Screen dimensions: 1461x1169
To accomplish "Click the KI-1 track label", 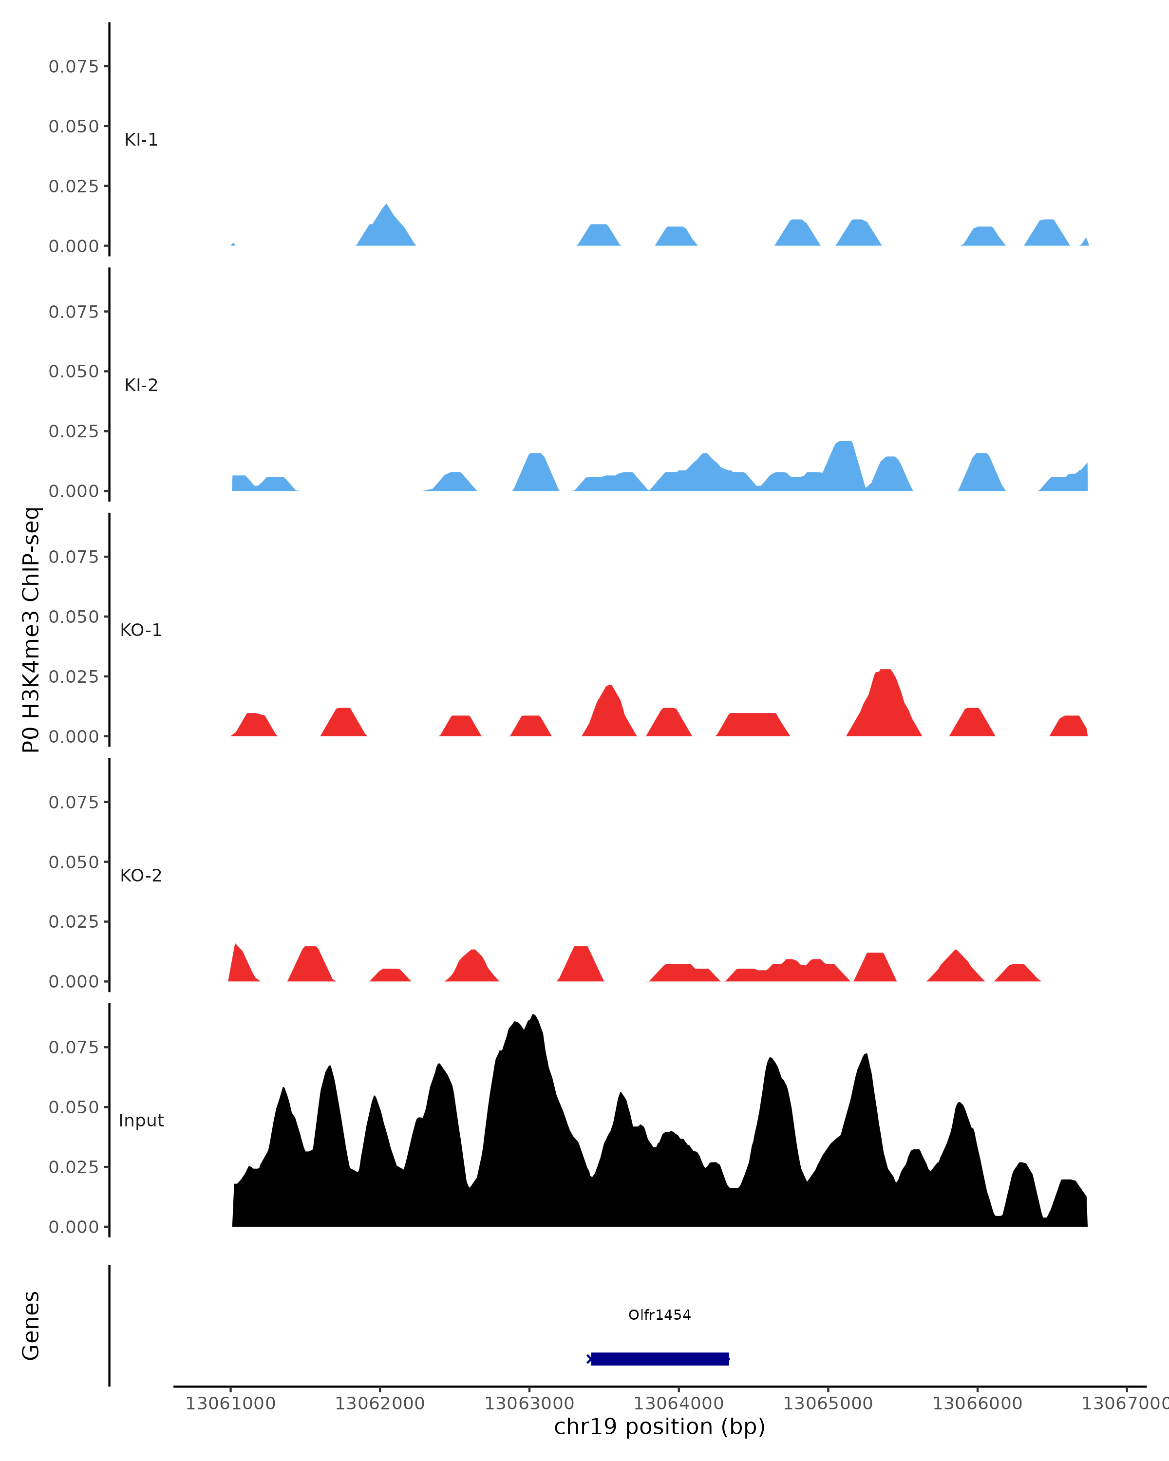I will point(141,140).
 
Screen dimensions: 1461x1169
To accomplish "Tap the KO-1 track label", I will point(141,630).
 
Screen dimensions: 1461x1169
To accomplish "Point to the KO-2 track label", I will point(141,876).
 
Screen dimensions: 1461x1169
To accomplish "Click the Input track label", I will point(141,1121).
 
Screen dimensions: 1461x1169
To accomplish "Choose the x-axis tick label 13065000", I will point(828,1404).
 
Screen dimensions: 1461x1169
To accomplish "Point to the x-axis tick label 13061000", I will point(230,1404).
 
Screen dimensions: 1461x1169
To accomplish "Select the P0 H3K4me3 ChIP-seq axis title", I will point(31,630).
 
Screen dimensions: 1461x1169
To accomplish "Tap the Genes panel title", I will point(31,1326).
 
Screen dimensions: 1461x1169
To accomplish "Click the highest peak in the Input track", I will point(534,1016).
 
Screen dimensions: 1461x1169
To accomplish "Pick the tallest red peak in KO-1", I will point(885,671).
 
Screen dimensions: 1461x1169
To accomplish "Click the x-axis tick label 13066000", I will point(977,1404).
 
